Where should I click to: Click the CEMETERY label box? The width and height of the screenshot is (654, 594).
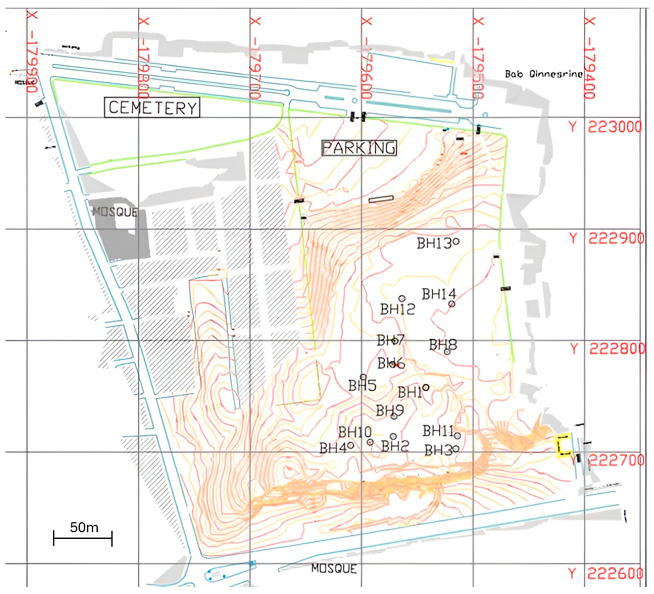tap(152, 107)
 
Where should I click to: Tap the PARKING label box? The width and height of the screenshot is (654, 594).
tap(359, 148)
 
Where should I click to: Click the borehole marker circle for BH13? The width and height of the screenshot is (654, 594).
tap(456, 241)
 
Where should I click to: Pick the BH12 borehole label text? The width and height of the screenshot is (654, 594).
tap(397, 309)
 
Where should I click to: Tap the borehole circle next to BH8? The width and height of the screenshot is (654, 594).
tap(447, 352)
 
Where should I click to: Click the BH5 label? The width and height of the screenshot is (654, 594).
tap(362, 386)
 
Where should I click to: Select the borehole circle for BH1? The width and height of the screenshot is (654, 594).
tap(426, 387)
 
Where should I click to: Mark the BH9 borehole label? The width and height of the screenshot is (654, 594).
tap(389, 411)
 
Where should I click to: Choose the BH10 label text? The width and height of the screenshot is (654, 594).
tap(355, 432)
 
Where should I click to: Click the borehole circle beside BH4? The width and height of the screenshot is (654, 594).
tap(350, 446)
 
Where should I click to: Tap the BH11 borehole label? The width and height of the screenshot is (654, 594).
tap(438, 431)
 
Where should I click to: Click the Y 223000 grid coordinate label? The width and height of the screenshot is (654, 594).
tap(605, 127)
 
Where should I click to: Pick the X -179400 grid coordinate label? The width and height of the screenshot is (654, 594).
tap(590, 58)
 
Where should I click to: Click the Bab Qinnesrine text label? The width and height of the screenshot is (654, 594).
tap(544, 74)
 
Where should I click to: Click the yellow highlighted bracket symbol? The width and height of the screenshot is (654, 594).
tap(563, 445)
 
